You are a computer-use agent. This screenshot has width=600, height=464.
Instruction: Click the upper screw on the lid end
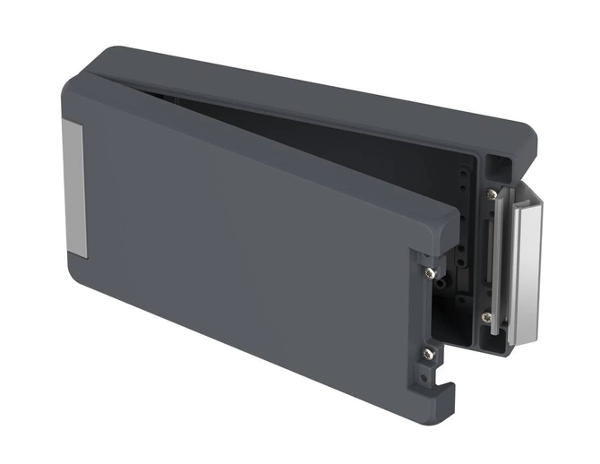point(431,271)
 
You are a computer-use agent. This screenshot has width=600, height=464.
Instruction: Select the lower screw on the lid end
point(430,354)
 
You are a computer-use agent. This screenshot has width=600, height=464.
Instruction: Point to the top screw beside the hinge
point(492,193)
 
